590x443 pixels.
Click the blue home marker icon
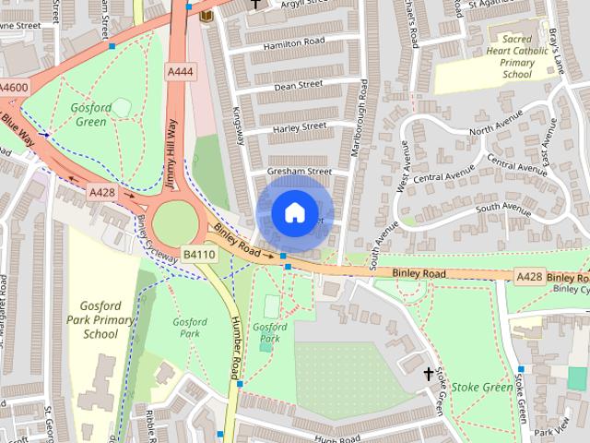click(293, 212)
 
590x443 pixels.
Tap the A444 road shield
click(181, 71)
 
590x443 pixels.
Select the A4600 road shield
click(14, 88)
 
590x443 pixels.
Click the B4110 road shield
click(198, 254)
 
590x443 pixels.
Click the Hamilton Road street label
click(294, 42)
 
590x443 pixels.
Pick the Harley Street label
click(300, 126)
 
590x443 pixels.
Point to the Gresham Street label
click(299, 171)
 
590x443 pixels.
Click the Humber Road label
click(236, 346)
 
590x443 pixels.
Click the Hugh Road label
click(336, 438)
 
